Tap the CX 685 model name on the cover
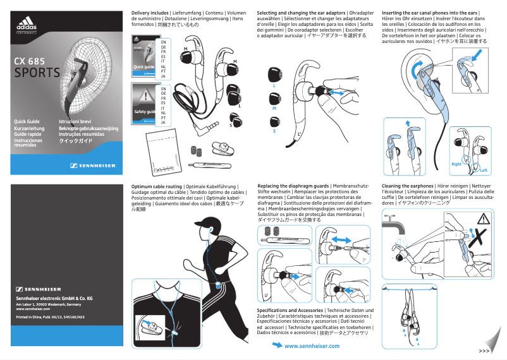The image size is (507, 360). [29, 61]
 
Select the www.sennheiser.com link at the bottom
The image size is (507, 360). [312, 346]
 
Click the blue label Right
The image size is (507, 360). [457, 164]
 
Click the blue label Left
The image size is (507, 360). [484, 171]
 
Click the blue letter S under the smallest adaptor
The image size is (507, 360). [274, 131]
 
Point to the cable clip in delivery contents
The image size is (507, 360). [221, 151]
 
